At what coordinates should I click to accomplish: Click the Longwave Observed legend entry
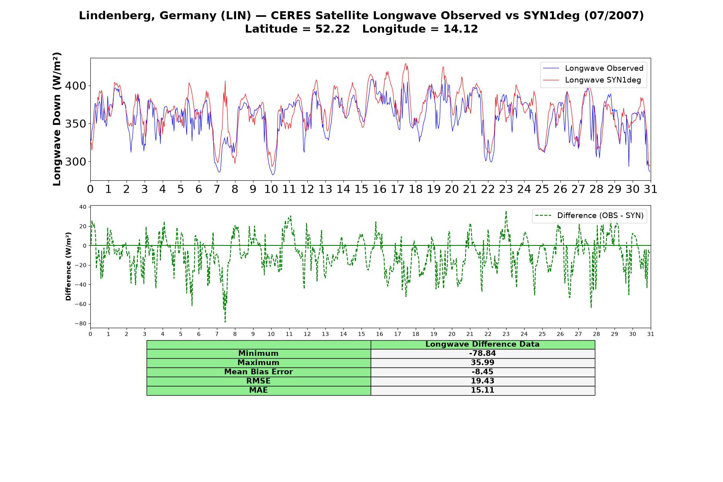click(x=593, y=68)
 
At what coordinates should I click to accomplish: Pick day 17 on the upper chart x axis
click(x=398, y=189)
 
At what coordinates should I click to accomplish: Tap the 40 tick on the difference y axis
click(x=83, y=207)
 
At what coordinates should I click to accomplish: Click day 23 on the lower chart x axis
click(x=506, y=334)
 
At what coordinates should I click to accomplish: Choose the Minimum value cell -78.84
click(x=482, y=353)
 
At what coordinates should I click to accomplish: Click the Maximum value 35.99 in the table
click(x=482, y=363)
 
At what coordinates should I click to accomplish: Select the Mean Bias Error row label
click(x=258, y=372)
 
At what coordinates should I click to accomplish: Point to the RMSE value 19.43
click(x=482, y=381)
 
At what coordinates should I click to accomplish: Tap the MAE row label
click(x=258, y=390)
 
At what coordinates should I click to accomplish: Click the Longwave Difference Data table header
click(x=482, y=344)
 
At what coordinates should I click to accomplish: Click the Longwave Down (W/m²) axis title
click(x=57, y=119)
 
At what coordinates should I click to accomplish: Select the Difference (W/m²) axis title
click(x=68, y=266)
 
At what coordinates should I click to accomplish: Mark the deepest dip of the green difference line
click(x=225, y=322)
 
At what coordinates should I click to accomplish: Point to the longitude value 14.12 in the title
click(x=461, y=29)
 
